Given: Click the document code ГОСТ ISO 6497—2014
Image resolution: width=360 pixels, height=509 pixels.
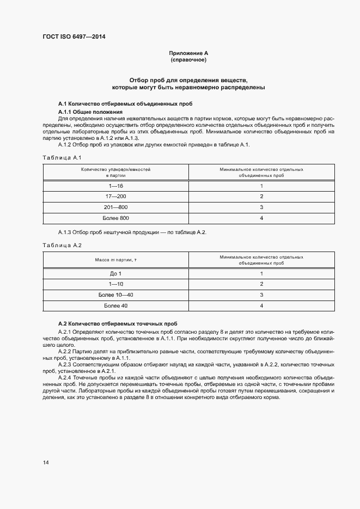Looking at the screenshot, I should [74, 37].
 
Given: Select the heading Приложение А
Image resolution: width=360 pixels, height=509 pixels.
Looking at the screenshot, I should [188, 53].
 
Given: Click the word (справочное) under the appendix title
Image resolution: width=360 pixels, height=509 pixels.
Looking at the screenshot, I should [188, 60].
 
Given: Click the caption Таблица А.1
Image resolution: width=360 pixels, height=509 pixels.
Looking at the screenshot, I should [62, 157].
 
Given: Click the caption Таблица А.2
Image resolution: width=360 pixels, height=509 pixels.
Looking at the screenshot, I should [62, 246].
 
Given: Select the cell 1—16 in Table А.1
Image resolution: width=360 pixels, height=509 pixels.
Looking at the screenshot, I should [115, 186].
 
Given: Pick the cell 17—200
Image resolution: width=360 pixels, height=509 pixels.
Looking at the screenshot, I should [115, 197].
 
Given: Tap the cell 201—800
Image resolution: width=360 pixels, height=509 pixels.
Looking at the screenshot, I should [115, 207].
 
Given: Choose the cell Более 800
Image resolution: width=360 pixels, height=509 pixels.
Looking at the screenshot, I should [115, 218].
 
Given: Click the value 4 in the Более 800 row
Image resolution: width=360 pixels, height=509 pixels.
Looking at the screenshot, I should [261, 218].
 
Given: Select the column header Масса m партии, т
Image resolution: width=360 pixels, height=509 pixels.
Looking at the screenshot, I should [115, 260].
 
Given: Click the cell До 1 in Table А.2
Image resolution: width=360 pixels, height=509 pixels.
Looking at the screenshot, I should [115, 274].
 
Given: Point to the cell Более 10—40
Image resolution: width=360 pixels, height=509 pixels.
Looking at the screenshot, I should [115, 295].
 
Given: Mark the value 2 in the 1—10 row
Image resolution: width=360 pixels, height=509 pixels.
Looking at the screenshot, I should [261, 284].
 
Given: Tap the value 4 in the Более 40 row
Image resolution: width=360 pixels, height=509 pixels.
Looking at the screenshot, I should [261, 306].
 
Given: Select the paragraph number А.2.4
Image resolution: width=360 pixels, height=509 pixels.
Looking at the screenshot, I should [66, 377].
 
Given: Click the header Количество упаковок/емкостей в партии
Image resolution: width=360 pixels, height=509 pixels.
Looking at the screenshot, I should [115, 173].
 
